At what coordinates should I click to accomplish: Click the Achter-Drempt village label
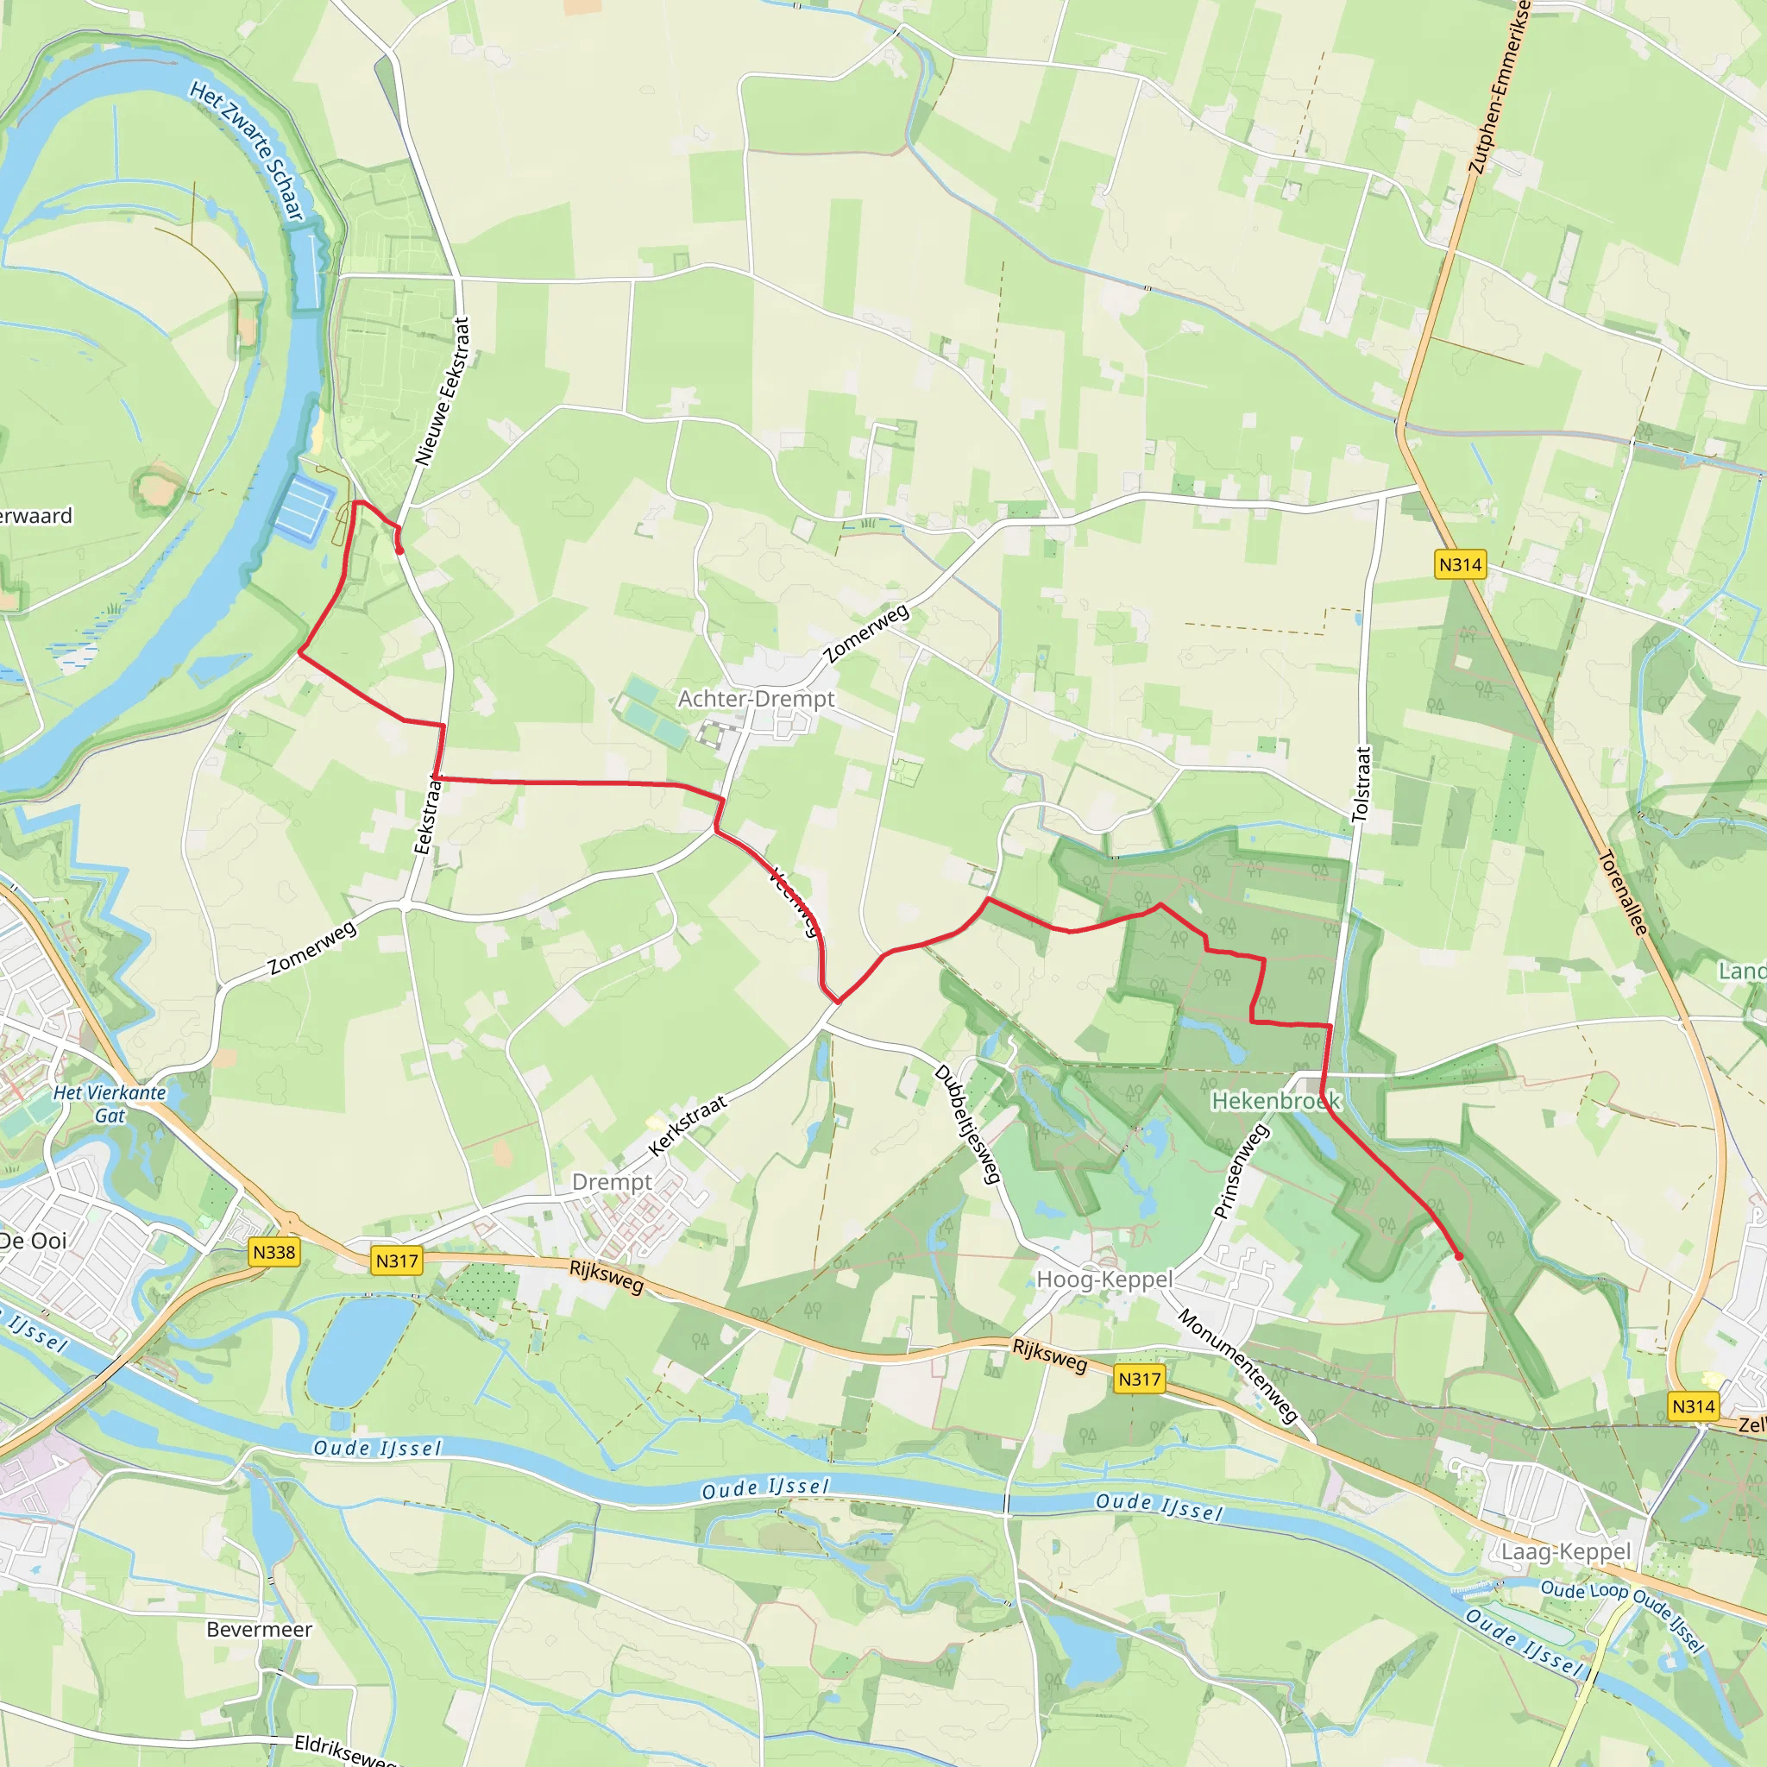[757, 699]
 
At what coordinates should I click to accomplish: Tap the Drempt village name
[612, 1182]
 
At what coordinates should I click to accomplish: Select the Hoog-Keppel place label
[1104, 1279]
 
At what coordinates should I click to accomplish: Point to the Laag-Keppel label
[1566, 1551]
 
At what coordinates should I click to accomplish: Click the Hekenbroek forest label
[1275, 1100]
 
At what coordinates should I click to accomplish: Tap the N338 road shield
[274, 1252]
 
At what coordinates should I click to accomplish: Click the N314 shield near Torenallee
[1460, 564]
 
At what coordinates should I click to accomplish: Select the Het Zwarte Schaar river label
[247, 150]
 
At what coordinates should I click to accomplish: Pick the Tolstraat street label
[1361, 783]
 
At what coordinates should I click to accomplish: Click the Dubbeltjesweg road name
[966, 1124]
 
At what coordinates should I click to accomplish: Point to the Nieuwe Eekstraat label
[443, 392]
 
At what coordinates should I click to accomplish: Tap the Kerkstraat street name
[688, 1124]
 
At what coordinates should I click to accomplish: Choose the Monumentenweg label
[1237, 1366]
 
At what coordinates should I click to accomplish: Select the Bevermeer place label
[259, 1630]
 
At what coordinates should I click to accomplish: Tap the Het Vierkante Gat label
[110, 1103]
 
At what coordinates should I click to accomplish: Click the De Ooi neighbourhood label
[34, 1241]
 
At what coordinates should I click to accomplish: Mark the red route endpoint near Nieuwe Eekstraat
[400, 550]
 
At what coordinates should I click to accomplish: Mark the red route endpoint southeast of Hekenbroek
[1459, 1256]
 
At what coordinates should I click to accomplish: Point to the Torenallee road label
[1623, 893]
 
